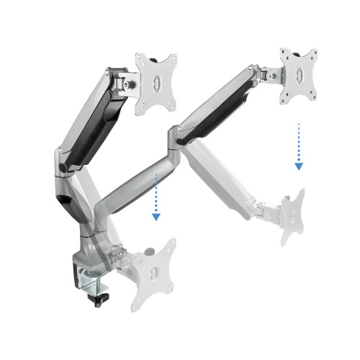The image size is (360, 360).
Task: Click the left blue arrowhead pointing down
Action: pyautogui.click(x=154, y=217)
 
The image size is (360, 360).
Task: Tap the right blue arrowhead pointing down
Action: pyautogui.click(x=298, y=166)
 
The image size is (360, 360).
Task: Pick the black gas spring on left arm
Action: pyautogui.click(x=90, y=122)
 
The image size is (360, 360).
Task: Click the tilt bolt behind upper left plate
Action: pyautogui.click(x=130, y=84)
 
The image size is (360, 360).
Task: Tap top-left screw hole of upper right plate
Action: pyautogui.click(x=286, y=56)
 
